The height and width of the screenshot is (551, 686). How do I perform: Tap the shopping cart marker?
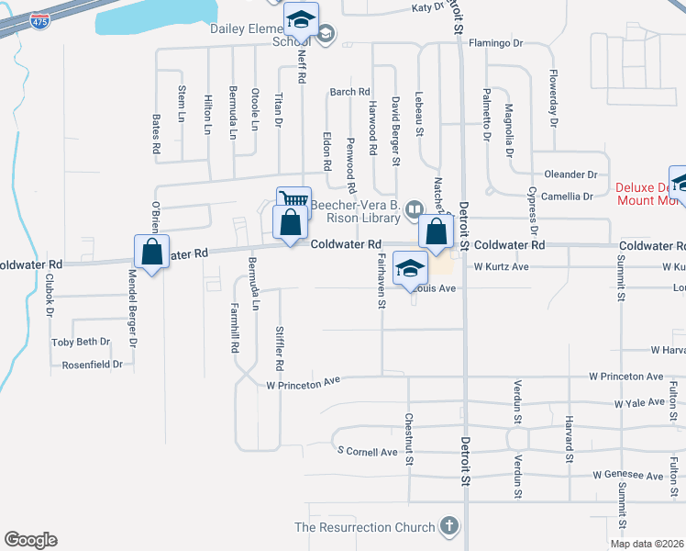[293, 201]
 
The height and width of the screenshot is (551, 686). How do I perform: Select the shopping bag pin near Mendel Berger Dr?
[151, 252]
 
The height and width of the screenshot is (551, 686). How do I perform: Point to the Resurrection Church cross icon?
[448, 526]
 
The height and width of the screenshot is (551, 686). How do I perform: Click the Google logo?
[30, 540]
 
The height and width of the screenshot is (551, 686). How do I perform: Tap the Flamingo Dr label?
[495, 43]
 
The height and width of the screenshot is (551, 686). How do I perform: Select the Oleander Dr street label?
[570, 174]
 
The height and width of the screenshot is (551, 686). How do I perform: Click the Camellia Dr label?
[567, 197]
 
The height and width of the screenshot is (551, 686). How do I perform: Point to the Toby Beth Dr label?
[81, 342]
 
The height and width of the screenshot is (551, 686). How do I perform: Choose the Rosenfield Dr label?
[92, 365]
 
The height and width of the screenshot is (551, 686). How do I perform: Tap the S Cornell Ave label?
[367, 452]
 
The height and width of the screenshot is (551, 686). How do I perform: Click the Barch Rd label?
[349, 92]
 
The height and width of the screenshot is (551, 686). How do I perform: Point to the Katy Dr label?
[427, 7]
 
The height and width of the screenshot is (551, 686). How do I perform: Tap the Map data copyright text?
[646, 544]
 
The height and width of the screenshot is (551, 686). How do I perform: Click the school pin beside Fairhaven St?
[411, 269]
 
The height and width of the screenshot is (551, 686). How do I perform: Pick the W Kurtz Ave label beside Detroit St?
[502, 267]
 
